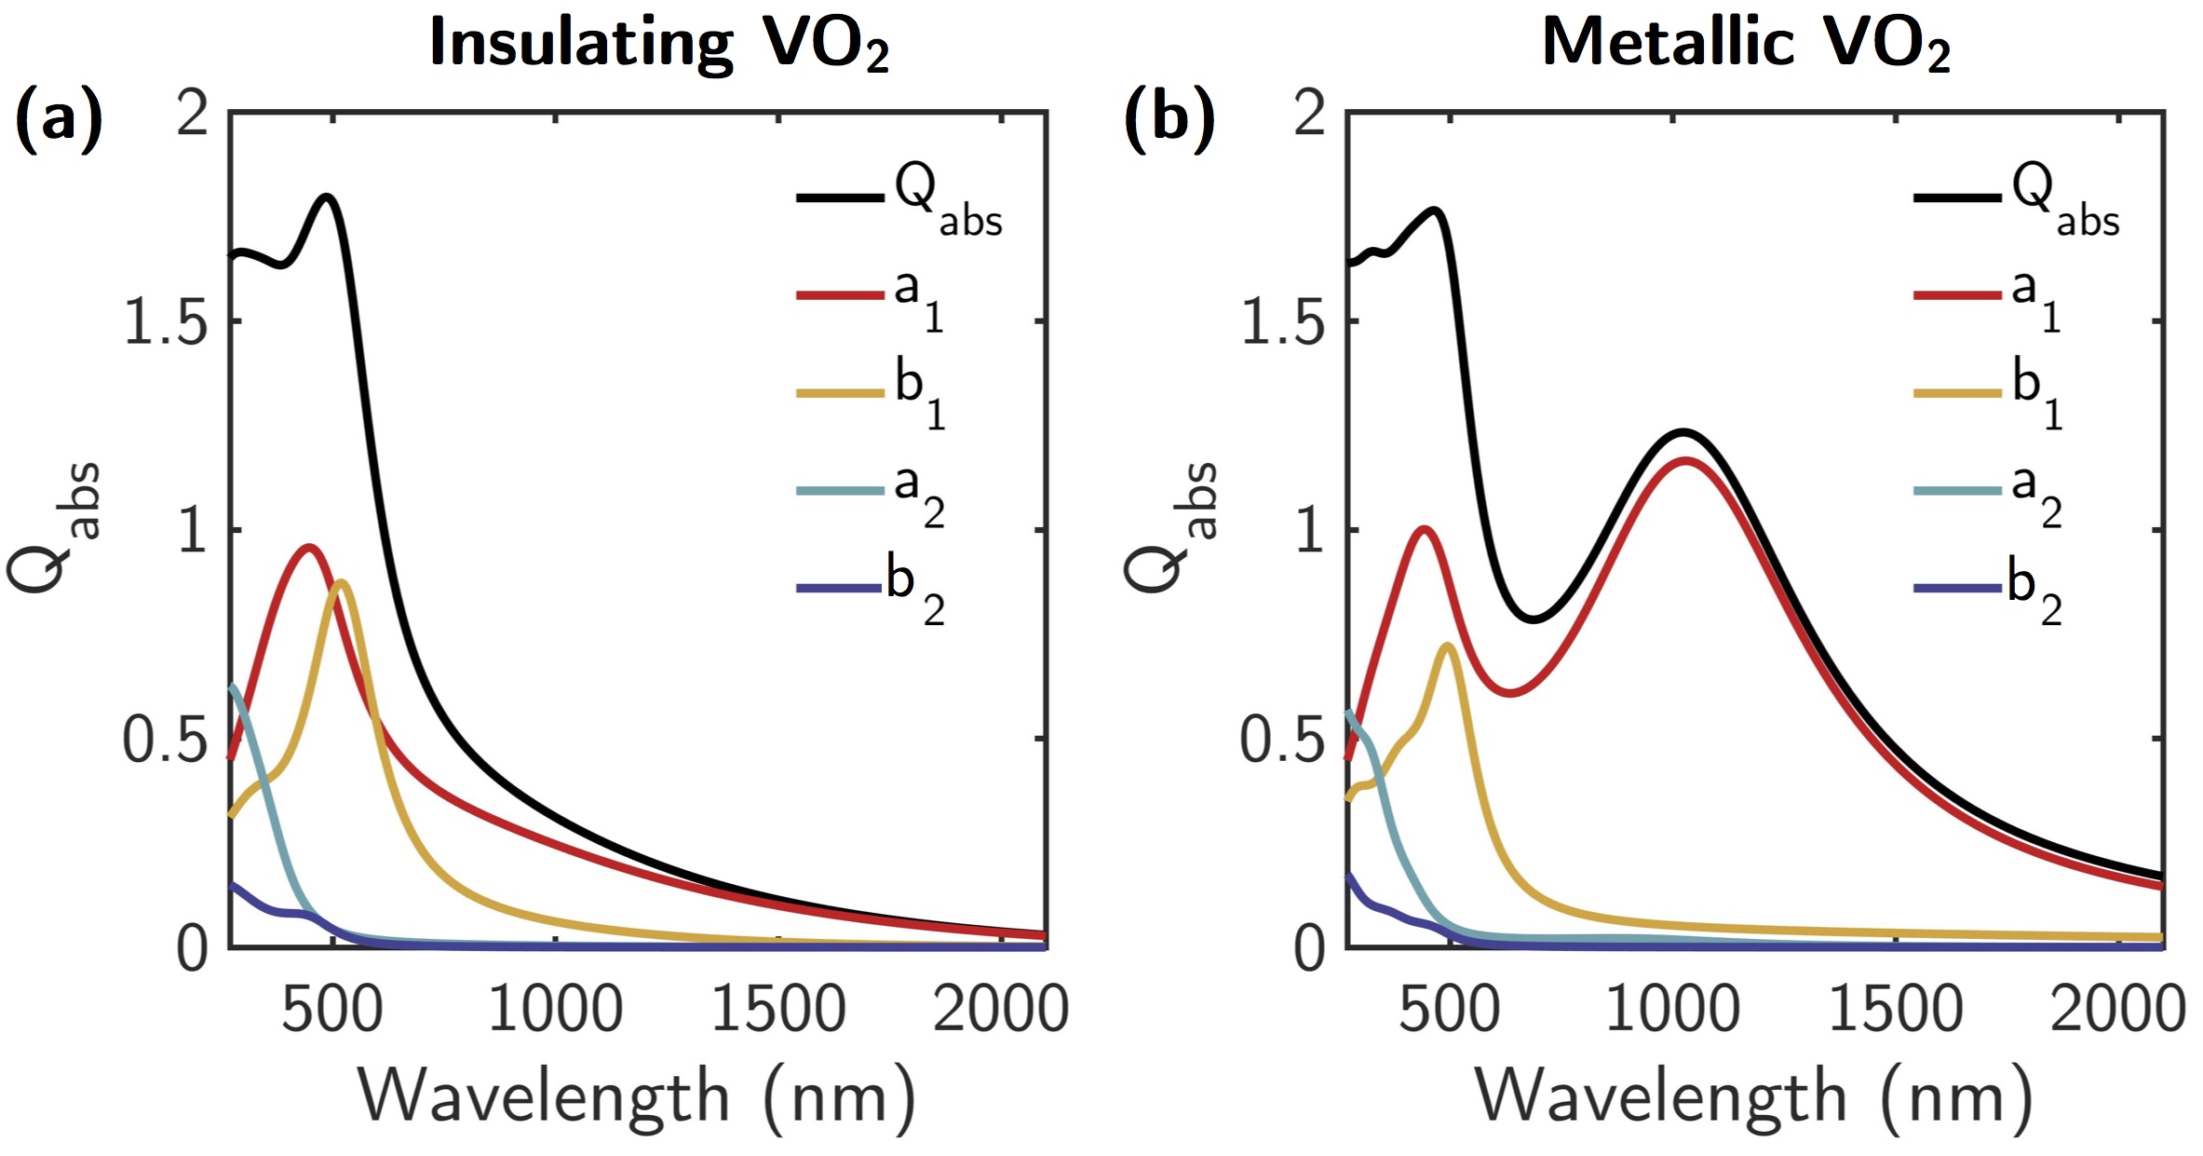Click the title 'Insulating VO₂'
(658, 44)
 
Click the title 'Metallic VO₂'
(1746, 44)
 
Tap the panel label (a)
(58, 119)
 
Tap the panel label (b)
(1169, 119)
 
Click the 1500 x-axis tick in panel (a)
(778, 1008)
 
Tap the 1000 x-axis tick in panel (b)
(1672, 1008)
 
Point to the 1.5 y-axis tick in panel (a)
(166, 322)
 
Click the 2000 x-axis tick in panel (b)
(2117, 1008)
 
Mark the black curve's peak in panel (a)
(327, 197)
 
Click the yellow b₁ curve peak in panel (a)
(342, 582)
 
